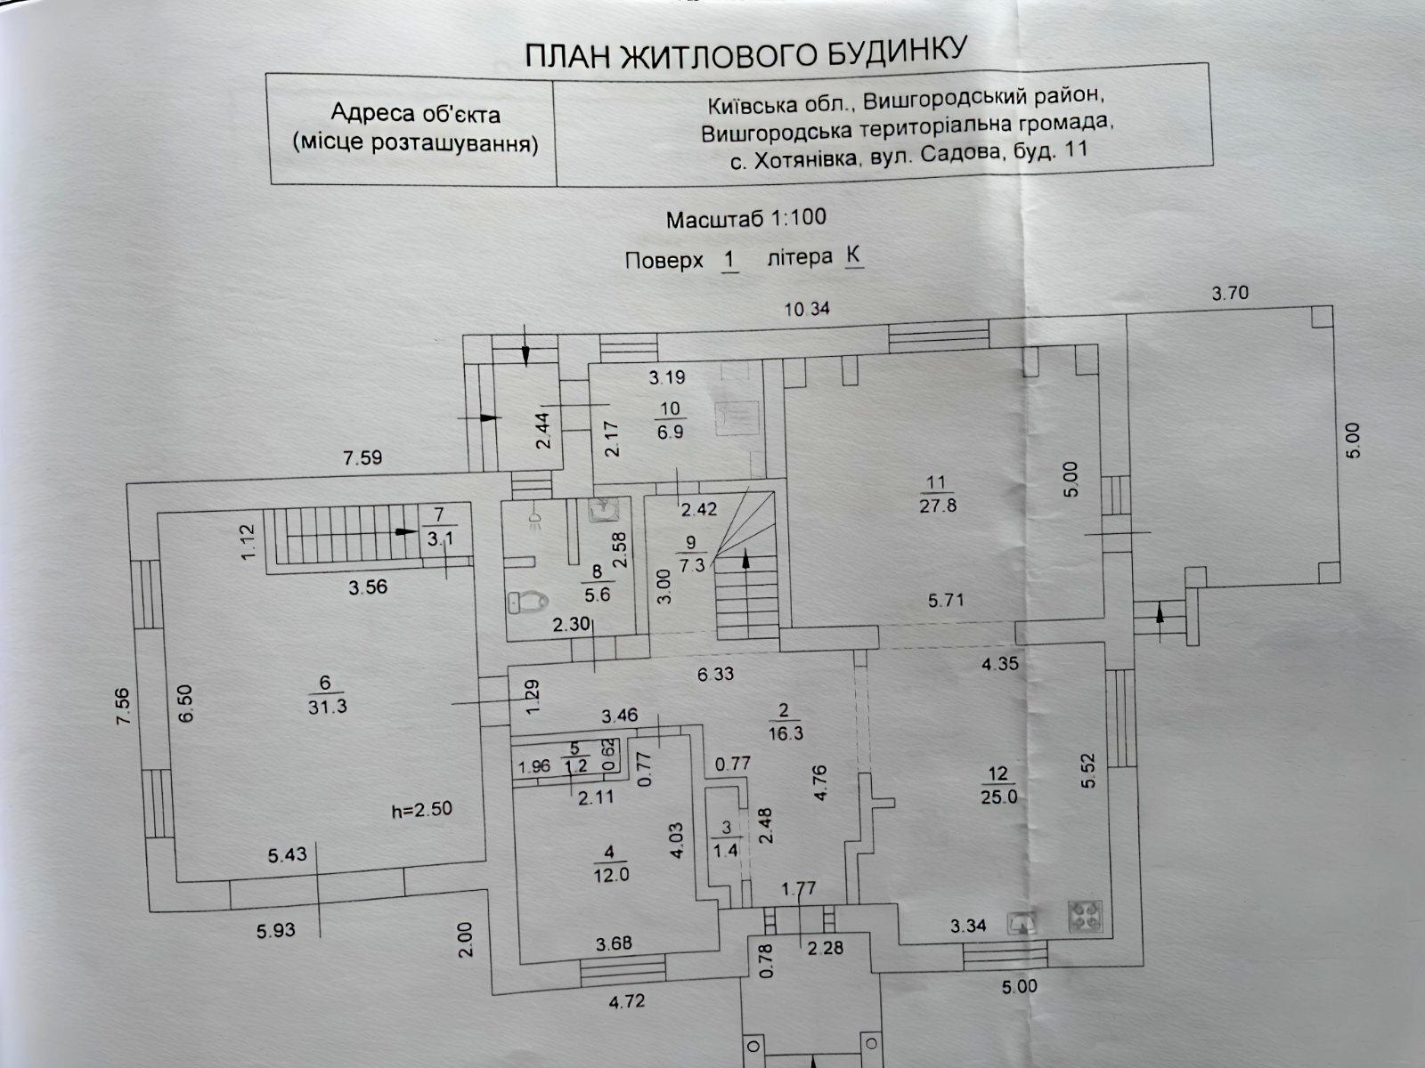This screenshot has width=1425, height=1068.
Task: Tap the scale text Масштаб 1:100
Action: click(x=745, y=218)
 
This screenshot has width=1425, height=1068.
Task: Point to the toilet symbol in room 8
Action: click(x=525, y=603)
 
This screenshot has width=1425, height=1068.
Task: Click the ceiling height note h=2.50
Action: click(x=422, y=810)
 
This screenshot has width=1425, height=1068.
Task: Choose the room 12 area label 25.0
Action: click(x=999, y=797)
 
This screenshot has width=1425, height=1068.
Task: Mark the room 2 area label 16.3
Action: click(x=784, y=732)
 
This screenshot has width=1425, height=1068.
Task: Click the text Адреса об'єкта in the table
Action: click(x=415, y=114)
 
